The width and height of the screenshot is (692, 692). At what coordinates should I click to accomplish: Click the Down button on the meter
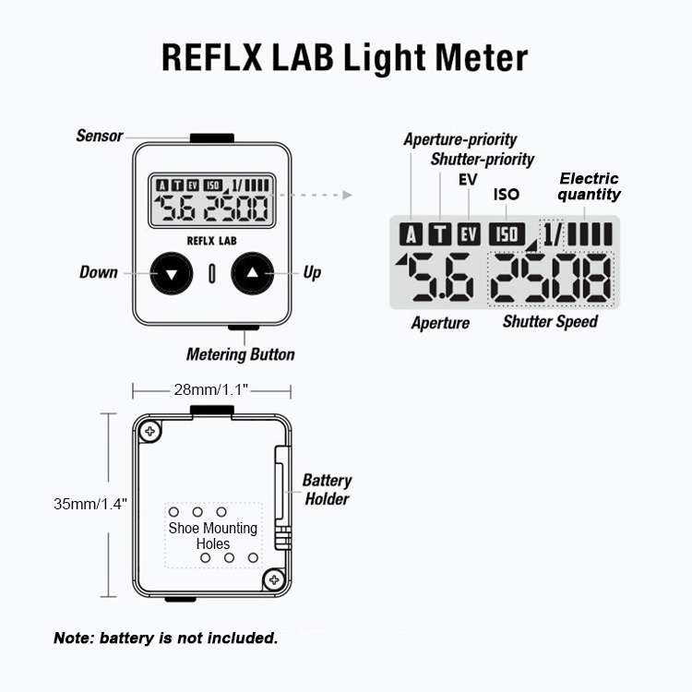point(173,273)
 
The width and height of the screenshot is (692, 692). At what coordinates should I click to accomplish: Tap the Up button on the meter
point(254,273)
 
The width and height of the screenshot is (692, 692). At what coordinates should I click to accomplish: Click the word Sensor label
point(100,136)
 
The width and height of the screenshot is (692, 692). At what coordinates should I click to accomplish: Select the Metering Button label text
point(241,354)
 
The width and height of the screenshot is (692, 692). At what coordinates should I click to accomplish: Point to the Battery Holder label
point(327,490)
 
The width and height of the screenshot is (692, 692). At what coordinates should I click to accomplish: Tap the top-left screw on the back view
point(150,430)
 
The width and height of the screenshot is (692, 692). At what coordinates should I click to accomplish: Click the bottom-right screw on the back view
point(273,579)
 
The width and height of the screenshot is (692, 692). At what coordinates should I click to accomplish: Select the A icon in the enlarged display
point(412,234)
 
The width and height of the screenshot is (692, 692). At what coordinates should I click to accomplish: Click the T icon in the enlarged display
point(442,234)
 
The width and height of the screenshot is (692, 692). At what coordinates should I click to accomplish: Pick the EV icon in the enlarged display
point(470,234)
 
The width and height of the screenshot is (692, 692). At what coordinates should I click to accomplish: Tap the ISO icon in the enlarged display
point(507,234)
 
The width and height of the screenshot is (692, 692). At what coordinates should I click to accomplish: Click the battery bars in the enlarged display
point(591,233)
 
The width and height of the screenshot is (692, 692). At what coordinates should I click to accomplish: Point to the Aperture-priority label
point(460,139)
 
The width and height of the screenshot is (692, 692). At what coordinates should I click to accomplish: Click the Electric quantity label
point(589,186)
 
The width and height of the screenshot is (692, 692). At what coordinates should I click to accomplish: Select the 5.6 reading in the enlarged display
point(441,279)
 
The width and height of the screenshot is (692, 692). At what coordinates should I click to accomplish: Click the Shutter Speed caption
point(550,322)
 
